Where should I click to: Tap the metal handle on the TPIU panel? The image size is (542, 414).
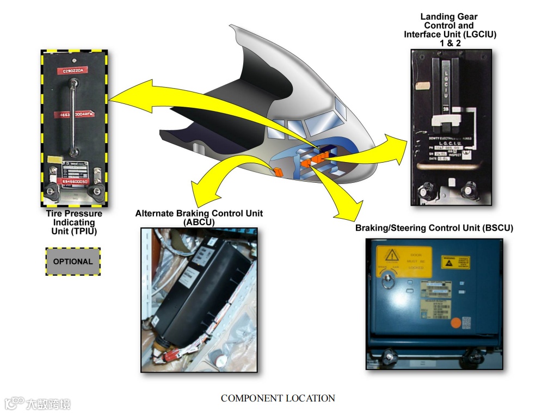[73, 118]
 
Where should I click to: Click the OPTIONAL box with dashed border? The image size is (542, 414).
[73, 262]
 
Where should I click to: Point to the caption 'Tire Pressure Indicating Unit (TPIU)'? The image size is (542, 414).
[73, 222]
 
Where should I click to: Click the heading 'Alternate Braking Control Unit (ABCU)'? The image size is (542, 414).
[199, 217]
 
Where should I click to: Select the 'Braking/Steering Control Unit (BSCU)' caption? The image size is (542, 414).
[434, 228]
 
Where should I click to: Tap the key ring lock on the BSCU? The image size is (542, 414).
[388, 281]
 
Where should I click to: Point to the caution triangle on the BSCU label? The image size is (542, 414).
[391, 256]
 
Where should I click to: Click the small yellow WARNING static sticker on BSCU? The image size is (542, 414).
[455, 262]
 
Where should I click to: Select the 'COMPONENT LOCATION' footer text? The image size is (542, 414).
[278, 398]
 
